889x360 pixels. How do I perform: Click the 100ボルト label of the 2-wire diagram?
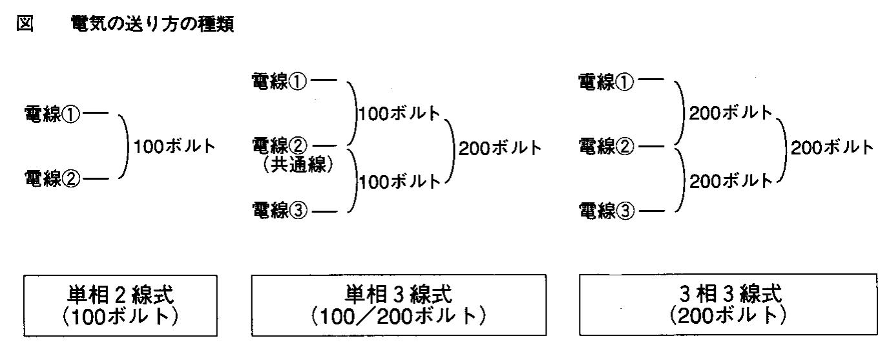(x=173, y=147)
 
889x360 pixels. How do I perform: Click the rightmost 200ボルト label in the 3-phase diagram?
(x=831, y=147)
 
